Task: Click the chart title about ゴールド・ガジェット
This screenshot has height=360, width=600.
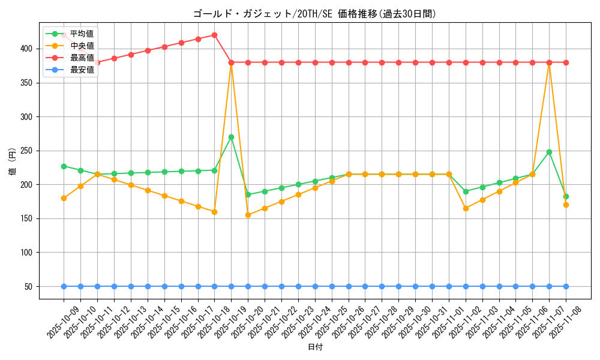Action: click(x=314, y=14)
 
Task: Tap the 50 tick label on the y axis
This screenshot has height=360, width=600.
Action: click(x=30, y=287)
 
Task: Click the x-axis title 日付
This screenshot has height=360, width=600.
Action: click(x=314, y=347)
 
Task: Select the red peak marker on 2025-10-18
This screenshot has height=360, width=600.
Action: click(x=214, y=35)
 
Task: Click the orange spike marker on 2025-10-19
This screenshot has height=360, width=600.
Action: click(x=231, y=62)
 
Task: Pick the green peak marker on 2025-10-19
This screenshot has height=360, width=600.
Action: click(x=231, y=137)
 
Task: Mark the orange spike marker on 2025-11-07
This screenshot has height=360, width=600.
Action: click(x=549, y=62)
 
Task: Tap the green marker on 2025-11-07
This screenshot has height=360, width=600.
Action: click(x=549, y=152)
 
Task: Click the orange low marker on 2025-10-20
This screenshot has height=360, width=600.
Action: click(x=248, y=215)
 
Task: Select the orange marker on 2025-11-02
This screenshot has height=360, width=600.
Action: click(x=466, y=208)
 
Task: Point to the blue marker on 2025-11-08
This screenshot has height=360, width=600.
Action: click(x=566, y=286)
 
